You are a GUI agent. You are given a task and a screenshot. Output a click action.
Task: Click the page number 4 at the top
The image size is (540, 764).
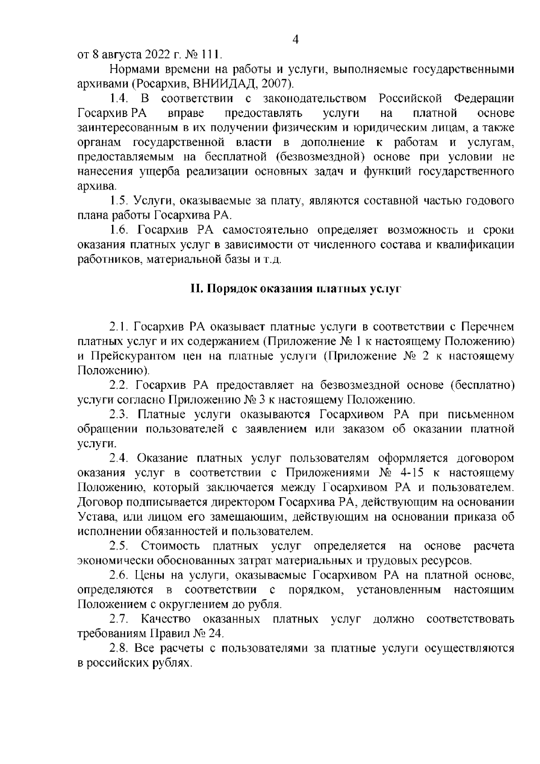[296, 40]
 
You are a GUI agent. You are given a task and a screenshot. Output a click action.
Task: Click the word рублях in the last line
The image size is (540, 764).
[174, 664]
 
